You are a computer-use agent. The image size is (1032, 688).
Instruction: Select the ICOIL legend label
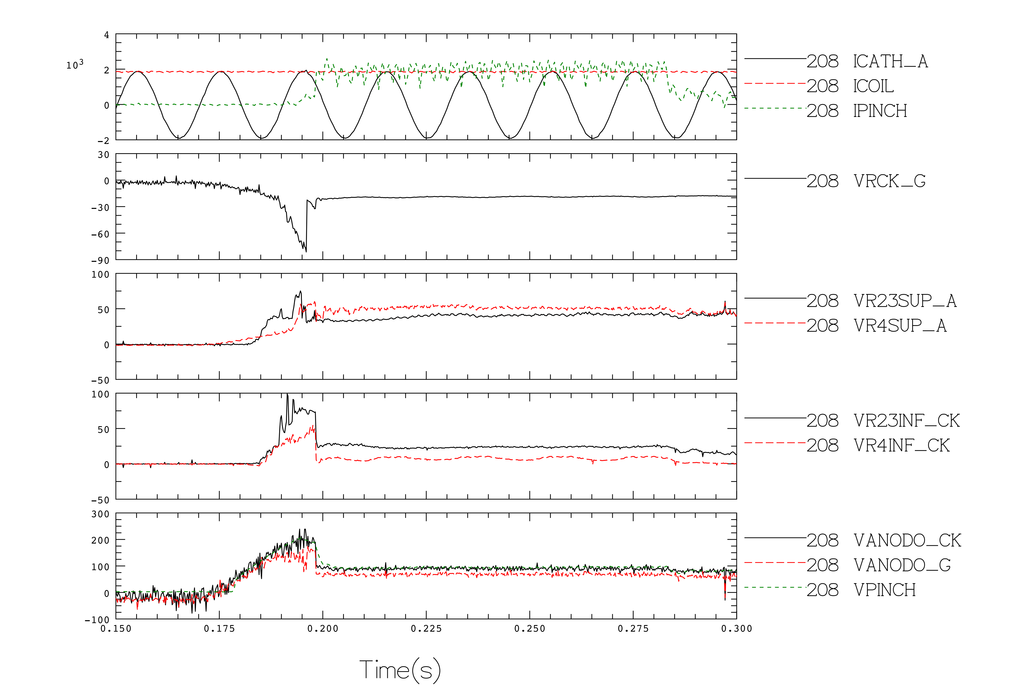pyautogui.click(x=873, y=86)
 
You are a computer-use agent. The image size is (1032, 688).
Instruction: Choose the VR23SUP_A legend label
pyautogui.click(x=905, y=301)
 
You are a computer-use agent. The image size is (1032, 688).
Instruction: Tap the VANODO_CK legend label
pyautogui.click(x=907, y=541)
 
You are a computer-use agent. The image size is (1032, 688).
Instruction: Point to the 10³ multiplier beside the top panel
pyautogui.click(x=75, y=64)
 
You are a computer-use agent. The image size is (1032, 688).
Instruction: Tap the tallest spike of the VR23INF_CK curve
pyautogui.click(x=287, y=395)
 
